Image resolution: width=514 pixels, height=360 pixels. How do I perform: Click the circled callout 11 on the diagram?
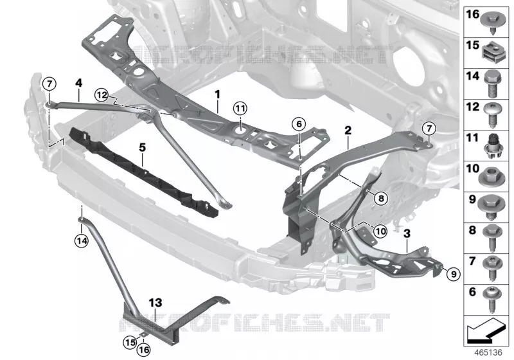coord(240,109)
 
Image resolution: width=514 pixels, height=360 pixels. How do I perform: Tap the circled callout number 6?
coord(299,124)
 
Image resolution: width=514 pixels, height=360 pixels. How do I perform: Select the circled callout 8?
coord(380,198)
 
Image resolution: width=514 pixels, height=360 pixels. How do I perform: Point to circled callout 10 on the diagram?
coord(380,231)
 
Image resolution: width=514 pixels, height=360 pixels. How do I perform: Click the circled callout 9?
coord(454,273)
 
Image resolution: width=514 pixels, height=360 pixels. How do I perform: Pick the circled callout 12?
coord(102,95)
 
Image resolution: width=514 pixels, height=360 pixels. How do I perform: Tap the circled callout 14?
coord(82,241)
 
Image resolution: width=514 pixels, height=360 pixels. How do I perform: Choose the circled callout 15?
coord(130,343)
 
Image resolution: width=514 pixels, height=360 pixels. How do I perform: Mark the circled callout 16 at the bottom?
coord(143,350)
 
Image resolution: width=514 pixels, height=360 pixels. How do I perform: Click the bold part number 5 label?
coord(142,148)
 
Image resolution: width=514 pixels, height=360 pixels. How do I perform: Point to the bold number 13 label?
coord(155,302)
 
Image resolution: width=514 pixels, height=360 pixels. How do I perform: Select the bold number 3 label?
coord(407,234)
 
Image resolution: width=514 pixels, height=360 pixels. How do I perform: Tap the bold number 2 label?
coord(348,130)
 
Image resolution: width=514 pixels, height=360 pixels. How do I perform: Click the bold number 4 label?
coord(78,83)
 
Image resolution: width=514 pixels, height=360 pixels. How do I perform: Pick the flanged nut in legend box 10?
coord(491,176)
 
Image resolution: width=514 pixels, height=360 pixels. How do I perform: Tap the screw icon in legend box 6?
coord(492,300)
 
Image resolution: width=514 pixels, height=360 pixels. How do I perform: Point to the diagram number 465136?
coord(488,352)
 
